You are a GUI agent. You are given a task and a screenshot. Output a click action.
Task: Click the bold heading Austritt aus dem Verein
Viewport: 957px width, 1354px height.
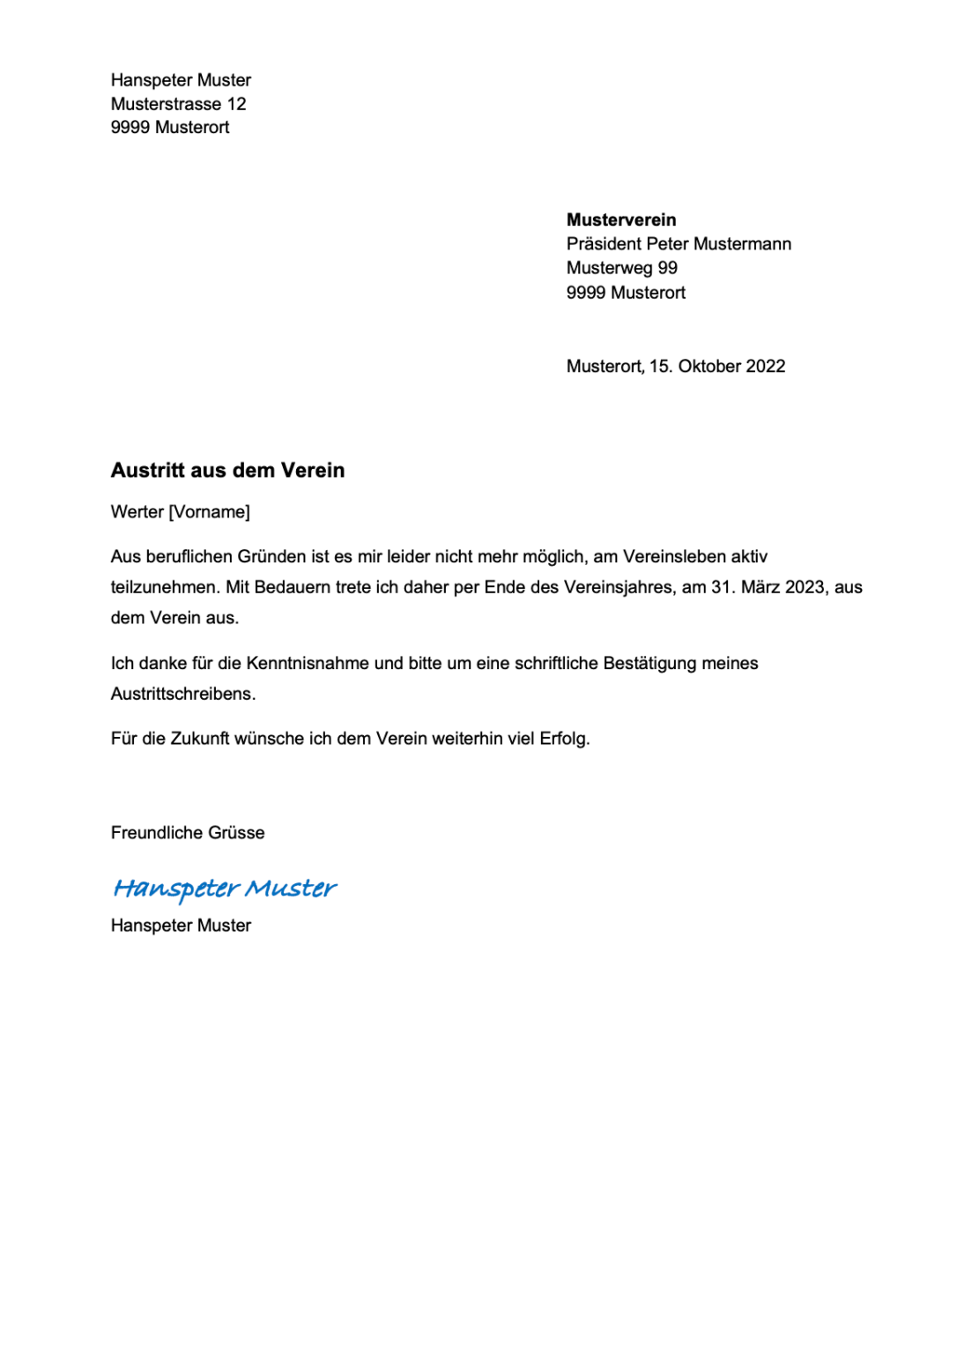click(227, 471)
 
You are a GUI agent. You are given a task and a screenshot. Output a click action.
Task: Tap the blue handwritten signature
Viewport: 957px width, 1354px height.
click(225, 889)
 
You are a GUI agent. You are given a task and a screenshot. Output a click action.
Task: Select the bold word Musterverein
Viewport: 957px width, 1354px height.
click(620, 220)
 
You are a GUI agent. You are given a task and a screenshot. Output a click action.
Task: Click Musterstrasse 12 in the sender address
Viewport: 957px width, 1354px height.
click(178, 104)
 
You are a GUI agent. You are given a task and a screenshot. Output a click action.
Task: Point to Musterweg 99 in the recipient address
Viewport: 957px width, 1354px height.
click(621, 268)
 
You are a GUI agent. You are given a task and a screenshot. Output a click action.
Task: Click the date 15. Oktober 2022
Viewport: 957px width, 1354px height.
click(716, 367)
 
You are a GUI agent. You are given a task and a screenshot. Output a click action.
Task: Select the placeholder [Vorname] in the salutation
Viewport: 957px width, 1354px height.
click(209, 512)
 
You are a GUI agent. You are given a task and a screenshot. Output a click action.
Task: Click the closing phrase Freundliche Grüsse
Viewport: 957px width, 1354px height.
click(187, 833)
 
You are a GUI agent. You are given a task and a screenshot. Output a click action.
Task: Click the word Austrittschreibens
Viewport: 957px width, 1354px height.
click(182, 694)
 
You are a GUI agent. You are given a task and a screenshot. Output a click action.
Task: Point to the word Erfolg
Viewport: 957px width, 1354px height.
click(563, 739)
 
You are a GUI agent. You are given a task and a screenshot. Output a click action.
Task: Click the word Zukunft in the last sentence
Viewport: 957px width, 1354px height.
click(200, 739)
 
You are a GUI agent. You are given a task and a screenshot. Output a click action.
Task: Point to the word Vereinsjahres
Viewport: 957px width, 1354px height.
click(618, 587)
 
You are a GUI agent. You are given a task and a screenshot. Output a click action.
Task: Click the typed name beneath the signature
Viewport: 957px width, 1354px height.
click(181, 926)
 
